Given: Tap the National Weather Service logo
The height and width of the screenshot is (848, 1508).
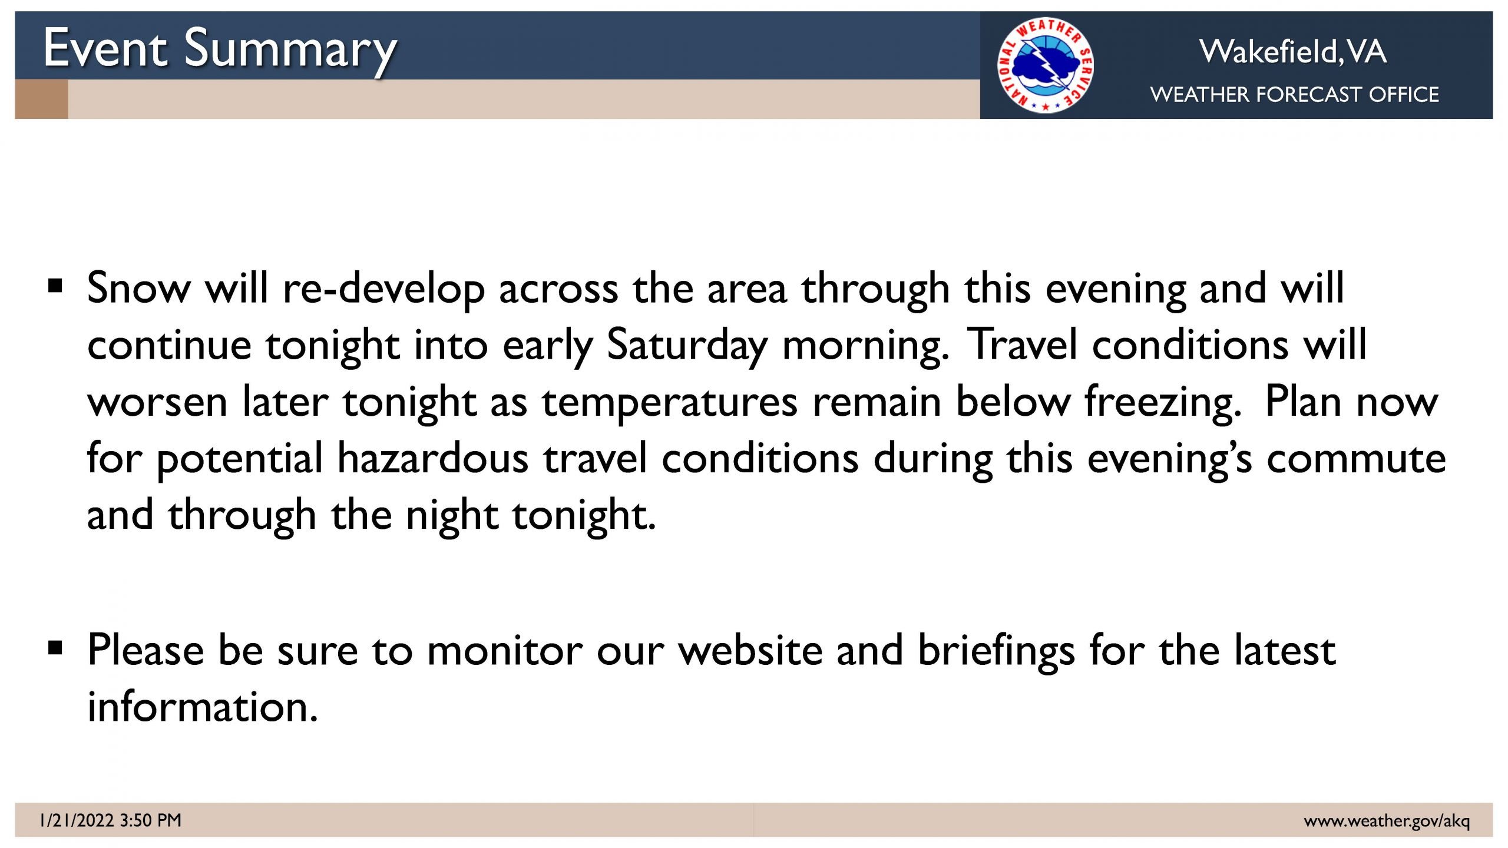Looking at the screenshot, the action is [x=1045, y=65].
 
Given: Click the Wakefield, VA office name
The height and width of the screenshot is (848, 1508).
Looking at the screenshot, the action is [x=1293, y=51].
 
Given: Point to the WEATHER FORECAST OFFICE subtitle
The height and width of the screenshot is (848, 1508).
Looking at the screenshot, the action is [x=1294, y=94].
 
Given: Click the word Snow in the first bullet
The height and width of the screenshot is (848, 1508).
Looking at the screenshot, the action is [x=139, y=289].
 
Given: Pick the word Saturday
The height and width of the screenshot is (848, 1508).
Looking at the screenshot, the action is [x=687, y=346].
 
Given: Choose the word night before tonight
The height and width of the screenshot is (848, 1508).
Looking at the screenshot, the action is [x=452, y=516].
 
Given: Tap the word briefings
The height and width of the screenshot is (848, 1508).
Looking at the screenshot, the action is [x=996, y=652].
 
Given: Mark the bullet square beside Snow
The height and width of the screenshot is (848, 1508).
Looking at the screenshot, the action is [x=55, y=287].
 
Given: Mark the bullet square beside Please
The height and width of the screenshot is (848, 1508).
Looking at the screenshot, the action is [x=55, y=648].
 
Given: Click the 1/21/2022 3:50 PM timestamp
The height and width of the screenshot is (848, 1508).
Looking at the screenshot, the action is [x=110, y=820].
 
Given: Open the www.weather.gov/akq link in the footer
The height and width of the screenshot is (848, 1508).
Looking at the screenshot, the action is [x=1387, y=821].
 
